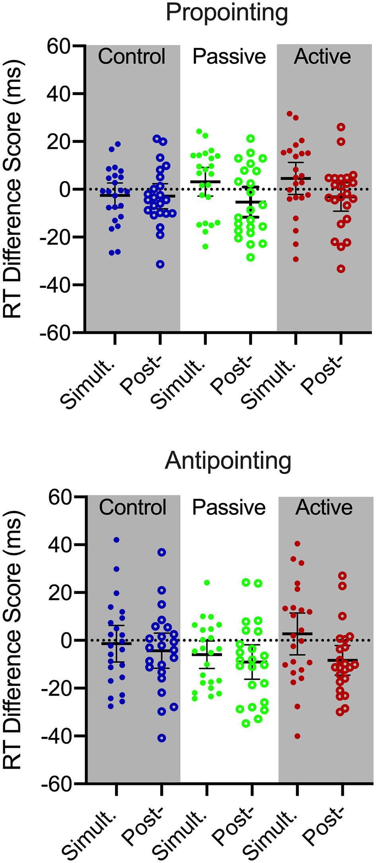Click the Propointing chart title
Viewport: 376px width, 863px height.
[227, 13]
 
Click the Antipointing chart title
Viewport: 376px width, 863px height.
[228, 461]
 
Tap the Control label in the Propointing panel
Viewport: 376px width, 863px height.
[132, 56]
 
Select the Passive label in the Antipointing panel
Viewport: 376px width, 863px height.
[229, 508]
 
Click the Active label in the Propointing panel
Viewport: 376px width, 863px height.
[323, 56]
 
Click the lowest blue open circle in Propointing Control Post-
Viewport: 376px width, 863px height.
[160, 264]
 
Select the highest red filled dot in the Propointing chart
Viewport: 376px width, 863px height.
[290, 114]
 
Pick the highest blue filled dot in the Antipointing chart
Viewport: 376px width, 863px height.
[117, 540]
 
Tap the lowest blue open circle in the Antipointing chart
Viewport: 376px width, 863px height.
[162, 738]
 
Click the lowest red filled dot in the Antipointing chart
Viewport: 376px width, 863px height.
[297, 736]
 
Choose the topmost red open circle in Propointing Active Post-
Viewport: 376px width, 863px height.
[341, 127]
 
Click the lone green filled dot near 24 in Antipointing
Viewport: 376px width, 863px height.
[207, 582]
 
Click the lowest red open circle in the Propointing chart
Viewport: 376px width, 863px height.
[341, 269]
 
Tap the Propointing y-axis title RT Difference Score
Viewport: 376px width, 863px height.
[13, 189]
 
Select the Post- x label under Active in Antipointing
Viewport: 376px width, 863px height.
[323, 833]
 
